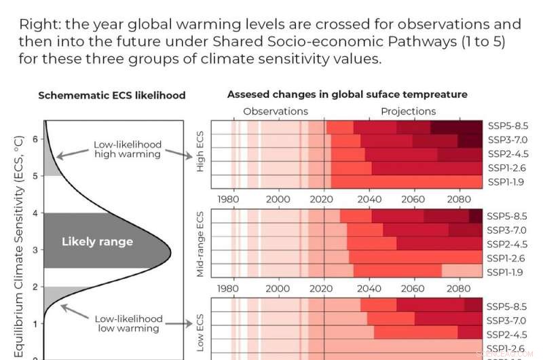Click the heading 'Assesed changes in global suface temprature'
tap(347, 94)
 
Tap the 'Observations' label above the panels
tap(275, 111)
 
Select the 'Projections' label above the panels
tap(408, 111)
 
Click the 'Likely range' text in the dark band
tap(97, 242)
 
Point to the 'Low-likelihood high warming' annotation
tap(128, 149)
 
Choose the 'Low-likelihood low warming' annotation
tap(128, 323)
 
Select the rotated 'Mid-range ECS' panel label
tap(200, 243)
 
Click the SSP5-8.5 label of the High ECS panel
tap(507, 126)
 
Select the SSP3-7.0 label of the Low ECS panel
tap(507, 319)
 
